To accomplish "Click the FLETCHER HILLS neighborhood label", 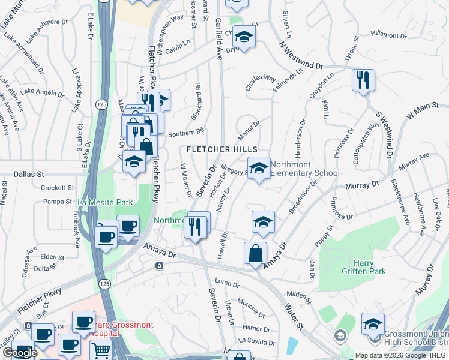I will pos(222,149).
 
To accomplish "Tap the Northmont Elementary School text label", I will pos(305,169).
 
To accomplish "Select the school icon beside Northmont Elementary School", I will pos(259,167).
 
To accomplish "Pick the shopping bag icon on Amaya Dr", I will pos(255,253).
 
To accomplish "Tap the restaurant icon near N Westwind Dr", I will pos(363,80).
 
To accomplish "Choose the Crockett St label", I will pos(57,187).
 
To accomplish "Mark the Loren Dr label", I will pos(228,282).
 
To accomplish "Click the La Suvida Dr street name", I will pos(256,342).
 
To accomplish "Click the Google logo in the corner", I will pos(20,353).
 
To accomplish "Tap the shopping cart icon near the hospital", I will pos(101,350).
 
